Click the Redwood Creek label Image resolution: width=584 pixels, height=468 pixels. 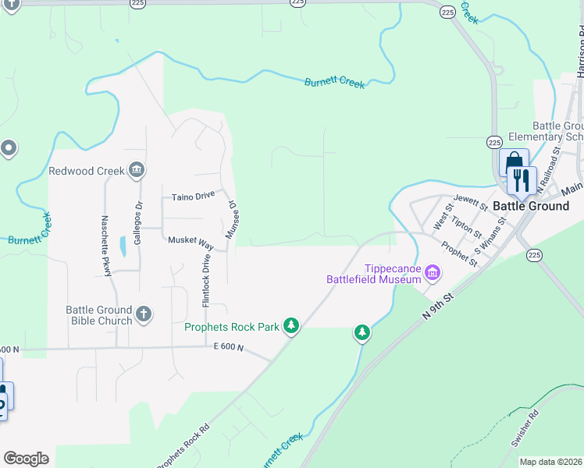(85, 171)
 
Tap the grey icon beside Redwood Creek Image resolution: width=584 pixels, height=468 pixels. (137, 169)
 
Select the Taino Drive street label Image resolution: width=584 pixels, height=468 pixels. (193, 196)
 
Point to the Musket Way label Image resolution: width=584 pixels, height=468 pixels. (191, 241)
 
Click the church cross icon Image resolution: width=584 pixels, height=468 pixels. (143, 314)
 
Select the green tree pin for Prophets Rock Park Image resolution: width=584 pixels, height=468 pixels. (291, 325)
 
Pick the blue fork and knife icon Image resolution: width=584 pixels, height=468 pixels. (520, 180)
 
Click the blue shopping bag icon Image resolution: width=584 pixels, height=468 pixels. (513, 162)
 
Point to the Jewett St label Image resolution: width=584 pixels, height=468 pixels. (470, 204)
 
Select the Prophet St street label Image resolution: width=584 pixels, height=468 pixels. (459, 253)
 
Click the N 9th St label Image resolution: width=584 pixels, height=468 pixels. (438, 306)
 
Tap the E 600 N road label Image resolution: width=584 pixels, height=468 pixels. (229, 349)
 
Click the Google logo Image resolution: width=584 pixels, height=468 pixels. (26, 459)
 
